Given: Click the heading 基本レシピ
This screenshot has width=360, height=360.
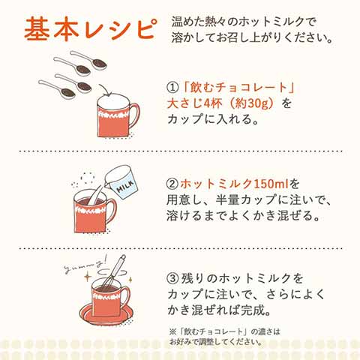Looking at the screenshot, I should point(89,29).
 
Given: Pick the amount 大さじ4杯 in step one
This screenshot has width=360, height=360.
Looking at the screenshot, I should point(193,102).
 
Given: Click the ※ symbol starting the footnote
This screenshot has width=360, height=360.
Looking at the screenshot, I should point(174,331).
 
